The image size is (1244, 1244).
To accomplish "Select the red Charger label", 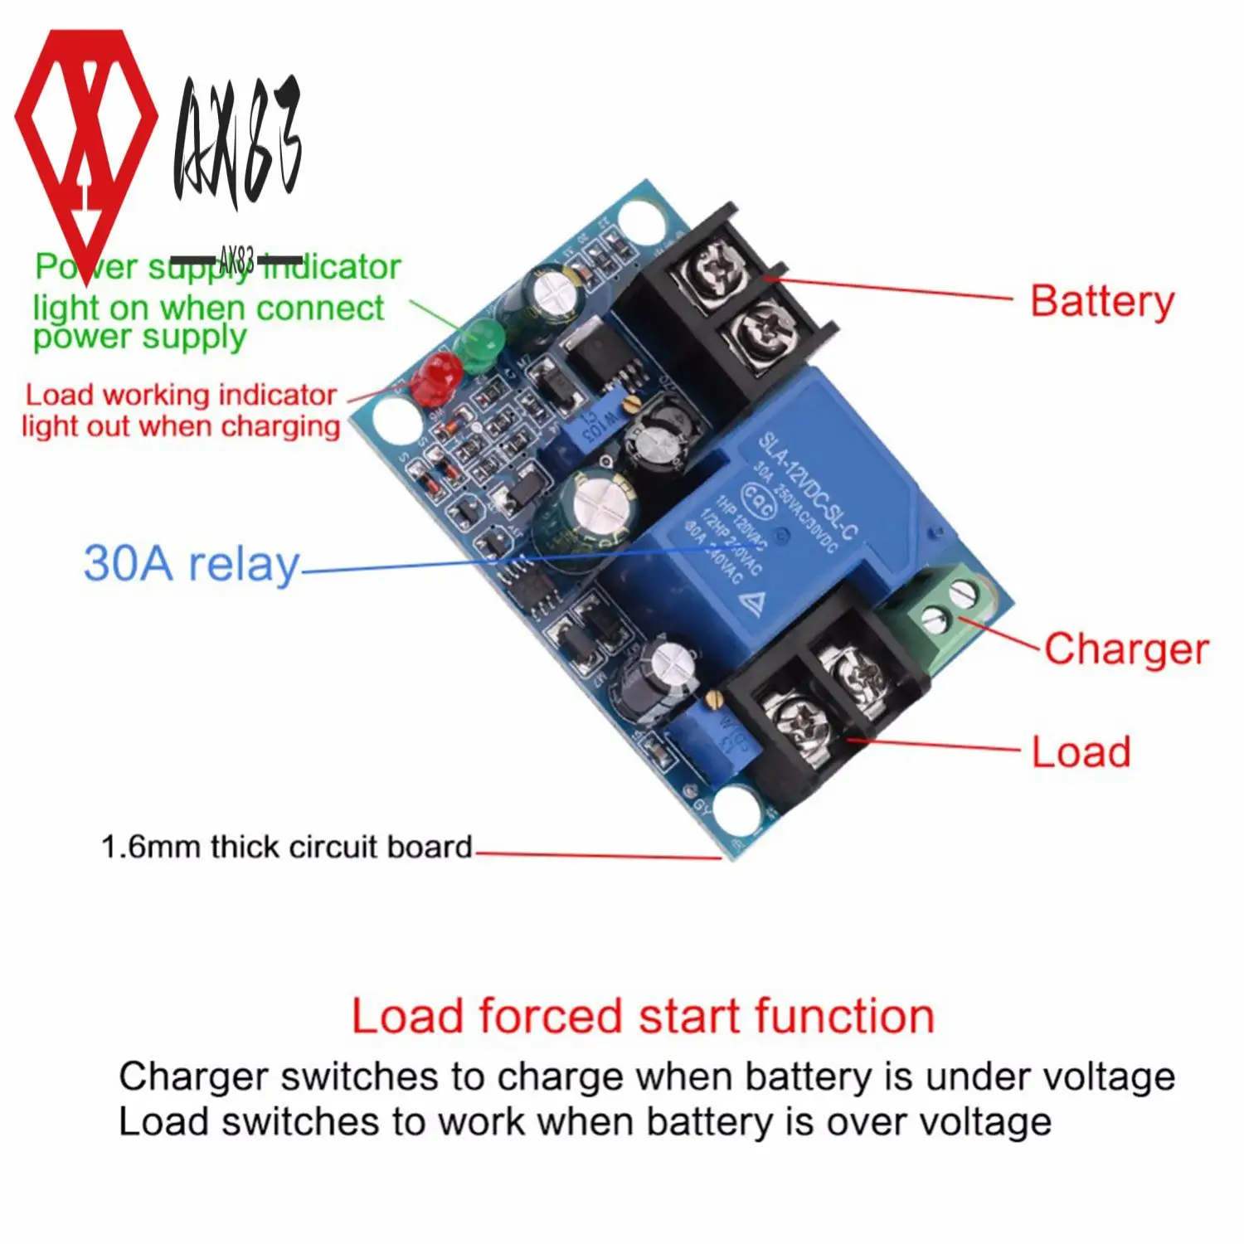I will coord(1125,649).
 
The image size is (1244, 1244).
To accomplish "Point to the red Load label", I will coord(1081,752).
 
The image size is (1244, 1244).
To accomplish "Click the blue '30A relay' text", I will coord(191,563).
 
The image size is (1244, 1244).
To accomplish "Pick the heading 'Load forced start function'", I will coord(643,1016).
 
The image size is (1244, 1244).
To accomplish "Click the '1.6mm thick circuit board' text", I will coord(286,847).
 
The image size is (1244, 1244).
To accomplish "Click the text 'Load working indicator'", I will coord(181,395).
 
